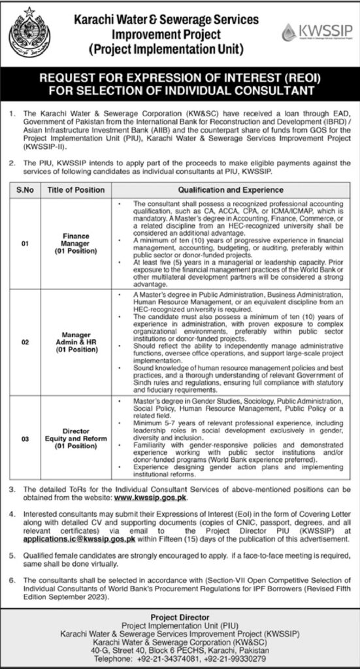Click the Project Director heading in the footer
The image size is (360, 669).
(x=180, y=617)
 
